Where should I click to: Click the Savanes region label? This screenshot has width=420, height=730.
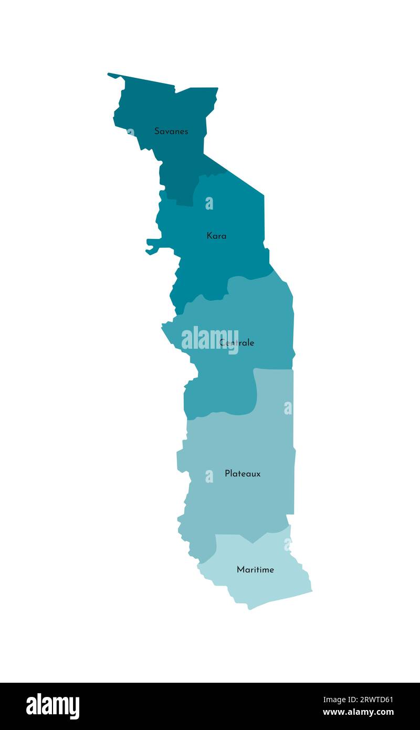coord(171,131)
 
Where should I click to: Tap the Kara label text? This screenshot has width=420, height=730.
coord(216,236)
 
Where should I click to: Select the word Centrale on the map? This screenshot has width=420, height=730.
coord(237,343)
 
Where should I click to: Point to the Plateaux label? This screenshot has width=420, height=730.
coord(243,474)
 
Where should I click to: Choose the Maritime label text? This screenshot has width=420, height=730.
coord(255,570)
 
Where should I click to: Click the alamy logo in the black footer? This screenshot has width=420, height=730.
coord(53,706)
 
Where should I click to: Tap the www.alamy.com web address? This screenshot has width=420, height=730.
coord(359,713)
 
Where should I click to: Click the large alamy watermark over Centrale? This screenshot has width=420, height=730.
coord(209,340)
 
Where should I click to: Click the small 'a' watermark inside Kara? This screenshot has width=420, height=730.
coord(209,203)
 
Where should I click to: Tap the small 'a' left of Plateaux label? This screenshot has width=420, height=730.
coord(209,476)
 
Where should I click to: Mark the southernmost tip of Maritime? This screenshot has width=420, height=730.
coord(249,609)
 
